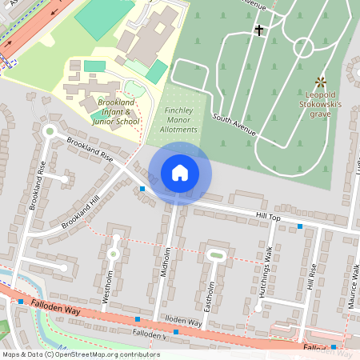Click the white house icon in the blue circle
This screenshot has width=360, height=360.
(180, 173)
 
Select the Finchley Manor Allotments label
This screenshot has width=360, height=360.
(179, 119)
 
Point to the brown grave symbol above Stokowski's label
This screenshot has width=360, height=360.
(321, 82)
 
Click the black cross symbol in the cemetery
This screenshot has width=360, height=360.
(258, 30)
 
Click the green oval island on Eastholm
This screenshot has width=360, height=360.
(215, 255)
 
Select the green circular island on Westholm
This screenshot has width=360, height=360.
(113, 254)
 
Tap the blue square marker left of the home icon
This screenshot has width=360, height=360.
(142, 189)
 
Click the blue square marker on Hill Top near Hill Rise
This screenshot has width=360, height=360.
(300, 227)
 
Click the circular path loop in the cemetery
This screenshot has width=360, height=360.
(303, 46)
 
